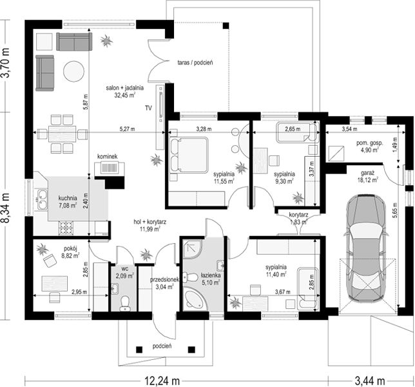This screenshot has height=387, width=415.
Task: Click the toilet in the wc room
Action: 124,304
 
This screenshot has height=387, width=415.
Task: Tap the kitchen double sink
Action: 42,200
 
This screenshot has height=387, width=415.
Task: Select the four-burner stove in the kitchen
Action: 66,228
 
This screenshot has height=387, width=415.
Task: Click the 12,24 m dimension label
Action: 162,381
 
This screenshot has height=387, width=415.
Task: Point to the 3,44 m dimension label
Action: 370,381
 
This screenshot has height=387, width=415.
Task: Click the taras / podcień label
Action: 195,63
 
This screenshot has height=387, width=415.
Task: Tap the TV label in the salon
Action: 148,108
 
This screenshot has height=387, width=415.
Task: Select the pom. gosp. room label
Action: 369,143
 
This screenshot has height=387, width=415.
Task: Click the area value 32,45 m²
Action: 125,95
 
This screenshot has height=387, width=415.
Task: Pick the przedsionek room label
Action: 164,279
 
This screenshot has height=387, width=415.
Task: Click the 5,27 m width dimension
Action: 128,129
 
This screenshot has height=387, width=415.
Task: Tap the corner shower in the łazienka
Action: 193,248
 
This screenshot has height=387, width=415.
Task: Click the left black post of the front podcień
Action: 139,350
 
